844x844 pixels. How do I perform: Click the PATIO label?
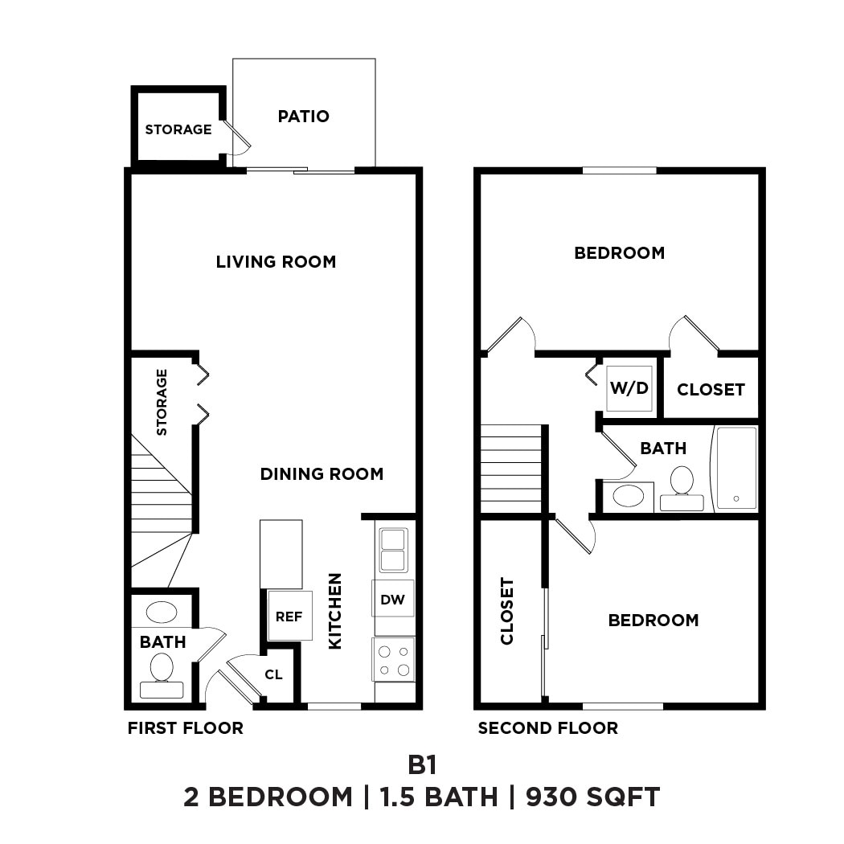(303, 116)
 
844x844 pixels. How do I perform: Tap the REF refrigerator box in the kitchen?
(289, 617)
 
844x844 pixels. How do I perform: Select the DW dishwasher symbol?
(393, 599)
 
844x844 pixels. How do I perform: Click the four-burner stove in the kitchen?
(394, 659)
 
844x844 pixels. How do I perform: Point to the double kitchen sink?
(394, 550)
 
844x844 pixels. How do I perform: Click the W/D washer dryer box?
(629, 388)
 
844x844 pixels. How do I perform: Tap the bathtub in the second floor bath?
(736, 468)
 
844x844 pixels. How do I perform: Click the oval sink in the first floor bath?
(162, 612)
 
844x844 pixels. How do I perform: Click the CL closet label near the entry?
(274, 674)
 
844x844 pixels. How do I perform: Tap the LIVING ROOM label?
(276, 261)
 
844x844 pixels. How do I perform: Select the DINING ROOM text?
(322, 473)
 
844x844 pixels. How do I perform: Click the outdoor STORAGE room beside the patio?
(178, 129)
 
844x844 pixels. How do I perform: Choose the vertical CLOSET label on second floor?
(507, 611)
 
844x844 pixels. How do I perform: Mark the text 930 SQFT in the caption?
(593, 797)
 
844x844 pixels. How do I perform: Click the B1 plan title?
(422, 762)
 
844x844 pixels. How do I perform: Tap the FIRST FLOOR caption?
(185, 728)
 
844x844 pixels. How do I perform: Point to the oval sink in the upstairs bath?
(628, 495)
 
